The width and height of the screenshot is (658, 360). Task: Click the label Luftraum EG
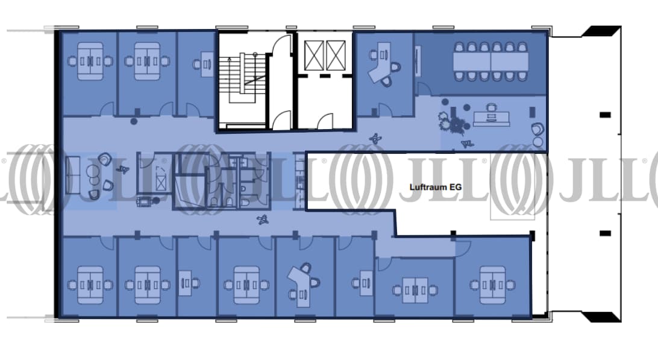(436, 187)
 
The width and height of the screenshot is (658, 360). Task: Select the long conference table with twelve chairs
(490, 61)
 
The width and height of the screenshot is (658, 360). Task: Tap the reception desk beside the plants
(492, 118)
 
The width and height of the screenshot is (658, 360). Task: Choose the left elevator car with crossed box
(314, 55)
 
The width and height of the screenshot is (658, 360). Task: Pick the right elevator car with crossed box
(336, 55)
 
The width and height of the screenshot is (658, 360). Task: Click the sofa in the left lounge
(72, 175)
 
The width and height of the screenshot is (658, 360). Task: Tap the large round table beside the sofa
(93, 171)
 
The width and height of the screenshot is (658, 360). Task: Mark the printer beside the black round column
(143, 201)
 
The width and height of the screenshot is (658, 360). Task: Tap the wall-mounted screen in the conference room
(418, 60)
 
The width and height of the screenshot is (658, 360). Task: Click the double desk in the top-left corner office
(90, 62)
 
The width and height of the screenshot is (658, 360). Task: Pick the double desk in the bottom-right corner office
(492, 285)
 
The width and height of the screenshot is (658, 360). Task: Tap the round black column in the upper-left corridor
(133, 122)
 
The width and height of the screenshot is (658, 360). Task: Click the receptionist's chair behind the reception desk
(491, 108)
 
